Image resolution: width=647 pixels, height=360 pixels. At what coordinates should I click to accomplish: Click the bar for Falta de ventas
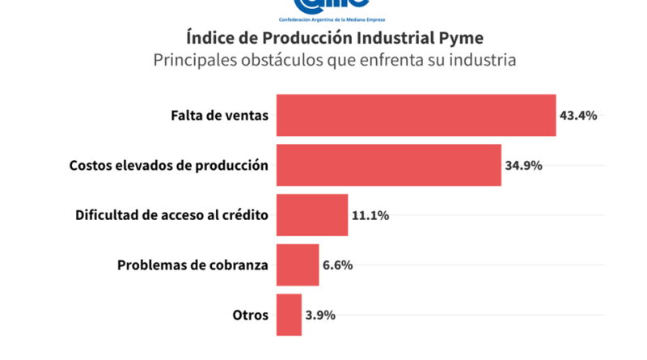tap(416, 115)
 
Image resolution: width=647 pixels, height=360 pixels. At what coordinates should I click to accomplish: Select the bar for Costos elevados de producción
tap(388, 165)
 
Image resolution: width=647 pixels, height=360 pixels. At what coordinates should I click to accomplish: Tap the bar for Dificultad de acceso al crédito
tap(312, 215)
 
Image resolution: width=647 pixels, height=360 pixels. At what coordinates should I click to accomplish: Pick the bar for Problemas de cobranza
tap(298, 265)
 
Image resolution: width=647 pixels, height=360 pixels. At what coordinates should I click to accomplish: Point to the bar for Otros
tap(289, 315)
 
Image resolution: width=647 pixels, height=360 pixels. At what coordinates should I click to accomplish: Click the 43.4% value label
tap(578, 116)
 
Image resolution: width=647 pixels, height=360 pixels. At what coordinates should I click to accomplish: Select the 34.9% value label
tap(523, 166)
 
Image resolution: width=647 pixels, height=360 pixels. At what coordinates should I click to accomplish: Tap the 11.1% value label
tap(370, 216)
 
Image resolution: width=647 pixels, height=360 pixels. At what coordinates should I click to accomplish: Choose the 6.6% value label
tap(337, 265)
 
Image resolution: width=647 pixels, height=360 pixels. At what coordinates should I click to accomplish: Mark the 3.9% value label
tap(320, 316)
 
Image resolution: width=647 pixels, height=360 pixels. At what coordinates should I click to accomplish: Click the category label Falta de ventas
tap(219, 116)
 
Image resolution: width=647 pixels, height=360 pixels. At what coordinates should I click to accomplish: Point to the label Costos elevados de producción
tap(168, 166)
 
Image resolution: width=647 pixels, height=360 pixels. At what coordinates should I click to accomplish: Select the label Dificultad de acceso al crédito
tap(171, 216)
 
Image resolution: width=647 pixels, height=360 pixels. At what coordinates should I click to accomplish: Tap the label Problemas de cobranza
tap(192, 265)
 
